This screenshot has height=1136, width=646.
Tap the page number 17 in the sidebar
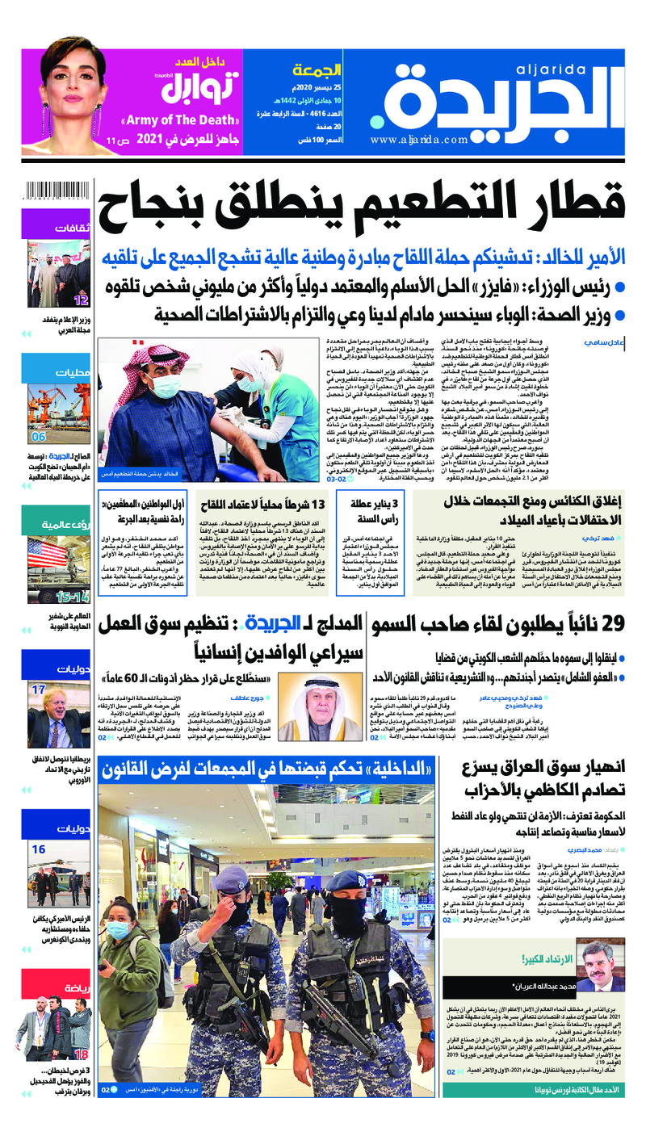click(x=39, y=690)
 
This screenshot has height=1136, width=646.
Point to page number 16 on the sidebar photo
click(x=39, y=850)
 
